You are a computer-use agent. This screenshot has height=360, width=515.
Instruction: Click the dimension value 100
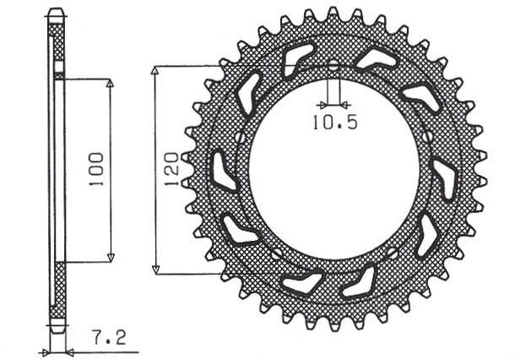(95, 169)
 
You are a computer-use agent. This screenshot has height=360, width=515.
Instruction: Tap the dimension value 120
(172, 169)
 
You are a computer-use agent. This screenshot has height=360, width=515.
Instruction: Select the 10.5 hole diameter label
(335, 122)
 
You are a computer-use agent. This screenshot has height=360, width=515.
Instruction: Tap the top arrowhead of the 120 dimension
(156, 69)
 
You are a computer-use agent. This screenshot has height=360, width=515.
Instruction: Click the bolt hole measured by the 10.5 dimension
(333, 67)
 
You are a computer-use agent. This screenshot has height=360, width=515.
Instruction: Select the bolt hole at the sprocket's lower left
(275, 254)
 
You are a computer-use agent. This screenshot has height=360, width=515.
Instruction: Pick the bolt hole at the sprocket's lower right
(391, 253)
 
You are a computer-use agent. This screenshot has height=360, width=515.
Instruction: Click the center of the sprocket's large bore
(333, 169)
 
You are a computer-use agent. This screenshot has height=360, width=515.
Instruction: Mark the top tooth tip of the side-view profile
(56, 12)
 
